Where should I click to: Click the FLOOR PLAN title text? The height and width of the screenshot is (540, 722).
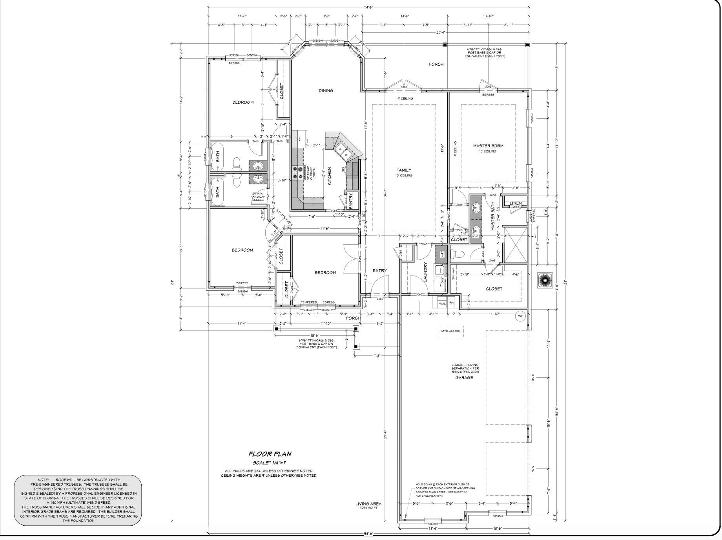coord(275,454)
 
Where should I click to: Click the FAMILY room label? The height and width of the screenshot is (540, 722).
coord(404,170)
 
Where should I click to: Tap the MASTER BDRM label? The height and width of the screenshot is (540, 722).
coord(488,146)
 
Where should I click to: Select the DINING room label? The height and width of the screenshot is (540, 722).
coord(326,91)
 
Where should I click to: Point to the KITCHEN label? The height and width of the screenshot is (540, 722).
coord(330,176)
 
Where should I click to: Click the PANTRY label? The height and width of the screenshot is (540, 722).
coord(350,200)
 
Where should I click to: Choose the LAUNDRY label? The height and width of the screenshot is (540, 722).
coord(425,271)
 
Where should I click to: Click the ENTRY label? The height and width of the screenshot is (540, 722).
coord(379,270)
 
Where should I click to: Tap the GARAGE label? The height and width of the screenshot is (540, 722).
coord(464,378)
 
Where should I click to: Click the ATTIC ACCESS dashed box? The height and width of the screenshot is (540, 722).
coord(450,331)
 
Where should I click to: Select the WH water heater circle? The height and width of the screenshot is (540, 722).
coord(521,316)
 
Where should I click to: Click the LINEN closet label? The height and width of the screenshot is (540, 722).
coord(515,203)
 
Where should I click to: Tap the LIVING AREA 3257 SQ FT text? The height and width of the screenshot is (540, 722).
coord(368,505)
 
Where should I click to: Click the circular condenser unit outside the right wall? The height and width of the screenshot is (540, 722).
coord(545,280)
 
